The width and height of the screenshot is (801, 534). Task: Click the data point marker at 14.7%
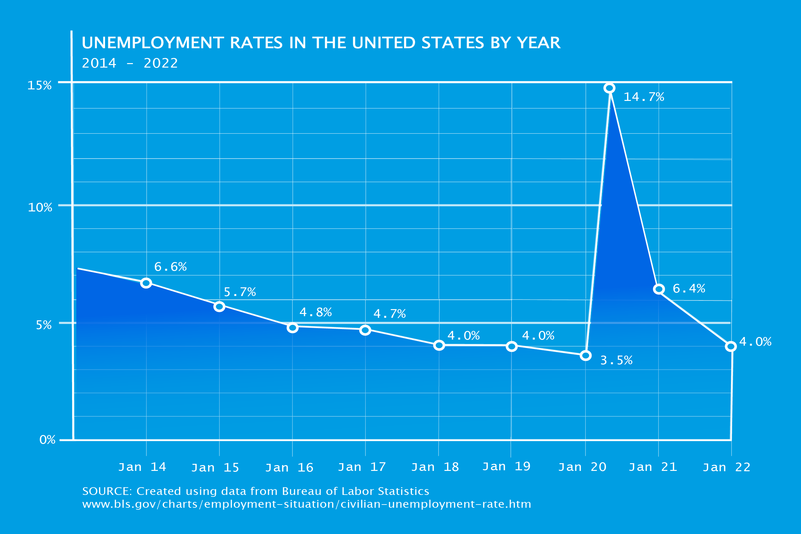coord(609,88)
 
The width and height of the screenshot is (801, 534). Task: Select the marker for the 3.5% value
coord(585,356)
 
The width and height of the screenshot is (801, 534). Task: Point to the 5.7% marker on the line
coord(219,307)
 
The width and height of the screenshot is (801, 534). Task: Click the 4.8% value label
coord(315,312)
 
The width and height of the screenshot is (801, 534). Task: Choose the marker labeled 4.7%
coord(365,330)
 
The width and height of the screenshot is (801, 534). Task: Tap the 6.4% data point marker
coord(659,289)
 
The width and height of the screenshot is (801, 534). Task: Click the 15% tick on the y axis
coord(39,85)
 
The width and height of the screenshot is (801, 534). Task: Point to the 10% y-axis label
coord(40,207)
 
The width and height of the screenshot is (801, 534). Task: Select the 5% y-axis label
coord(44,325)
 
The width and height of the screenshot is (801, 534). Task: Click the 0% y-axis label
coord(47,440)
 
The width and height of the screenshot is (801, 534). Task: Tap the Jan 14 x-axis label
coord(142,467)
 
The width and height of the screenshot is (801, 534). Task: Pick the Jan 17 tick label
coord(362,467)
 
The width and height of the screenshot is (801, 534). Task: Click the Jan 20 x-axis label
coord(582,467)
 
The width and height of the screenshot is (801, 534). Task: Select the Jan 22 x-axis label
coord(726,467)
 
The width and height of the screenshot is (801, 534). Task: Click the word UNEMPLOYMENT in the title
coord(152,43)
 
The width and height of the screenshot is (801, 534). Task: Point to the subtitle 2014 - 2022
coord(130,63)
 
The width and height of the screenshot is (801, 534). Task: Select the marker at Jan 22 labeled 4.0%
coord(731,346)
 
